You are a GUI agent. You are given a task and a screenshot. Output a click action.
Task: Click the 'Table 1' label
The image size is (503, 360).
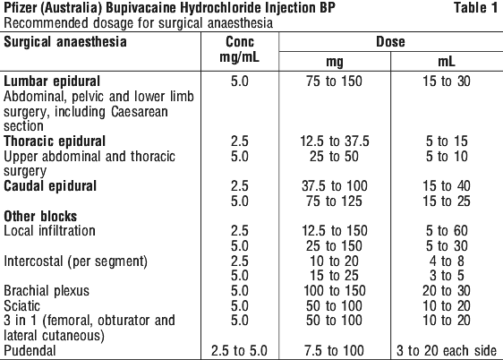[475, 8]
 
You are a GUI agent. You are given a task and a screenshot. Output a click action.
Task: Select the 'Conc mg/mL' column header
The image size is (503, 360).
[240, 49]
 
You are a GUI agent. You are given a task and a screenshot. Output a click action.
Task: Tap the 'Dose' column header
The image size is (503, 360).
[390, 42]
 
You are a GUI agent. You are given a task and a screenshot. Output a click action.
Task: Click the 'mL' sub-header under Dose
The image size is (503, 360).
[447, 61]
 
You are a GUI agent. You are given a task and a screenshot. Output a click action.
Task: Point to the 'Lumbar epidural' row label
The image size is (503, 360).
[52, 81]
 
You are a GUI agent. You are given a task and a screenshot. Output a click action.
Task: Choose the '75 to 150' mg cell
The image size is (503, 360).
[334, 81]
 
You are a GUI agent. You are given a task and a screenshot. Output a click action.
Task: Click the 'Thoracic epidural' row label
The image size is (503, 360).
[55, 141]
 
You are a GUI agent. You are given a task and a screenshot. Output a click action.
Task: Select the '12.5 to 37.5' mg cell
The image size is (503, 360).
[335, 141]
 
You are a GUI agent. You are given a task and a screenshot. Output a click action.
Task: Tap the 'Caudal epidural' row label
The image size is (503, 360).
[50, 186]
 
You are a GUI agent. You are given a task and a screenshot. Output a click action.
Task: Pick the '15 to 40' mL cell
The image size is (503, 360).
[447, 186]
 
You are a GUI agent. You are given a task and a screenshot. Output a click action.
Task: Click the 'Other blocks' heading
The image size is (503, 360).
[40, 216]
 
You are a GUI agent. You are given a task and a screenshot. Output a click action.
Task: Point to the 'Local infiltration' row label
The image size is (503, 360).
[49, 231]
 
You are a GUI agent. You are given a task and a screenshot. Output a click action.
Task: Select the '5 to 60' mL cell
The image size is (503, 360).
[447, 231]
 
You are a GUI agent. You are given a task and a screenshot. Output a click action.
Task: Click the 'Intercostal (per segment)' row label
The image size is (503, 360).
[76, 261]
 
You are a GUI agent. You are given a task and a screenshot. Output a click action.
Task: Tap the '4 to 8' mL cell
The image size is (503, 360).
[447, 261]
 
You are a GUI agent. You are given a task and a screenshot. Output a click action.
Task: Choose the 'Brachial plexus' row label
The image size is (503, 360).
[47, 291]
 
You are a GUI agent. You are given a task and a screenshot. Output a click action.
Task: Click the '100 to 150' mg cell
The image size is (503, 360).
[335, 291]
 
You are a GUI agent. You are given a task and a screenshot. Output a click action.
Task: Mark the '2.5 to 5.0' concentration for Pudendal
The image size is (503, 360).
[239, 351]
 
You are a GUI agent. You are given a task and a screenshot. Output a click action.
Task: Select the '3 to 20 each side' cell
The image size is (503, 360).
[447, 351]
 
